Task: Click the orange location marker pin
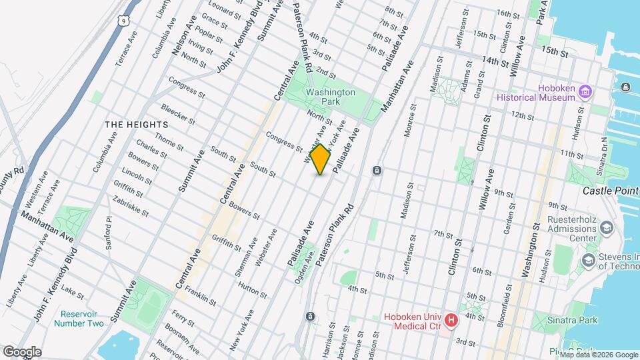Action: point(321,159)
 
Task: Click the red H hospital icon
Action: point(451,321)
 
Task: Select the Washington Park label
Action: point(331,97)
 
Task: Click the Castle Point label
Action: point(611,191)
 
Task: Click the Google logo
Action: point(21,352)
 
